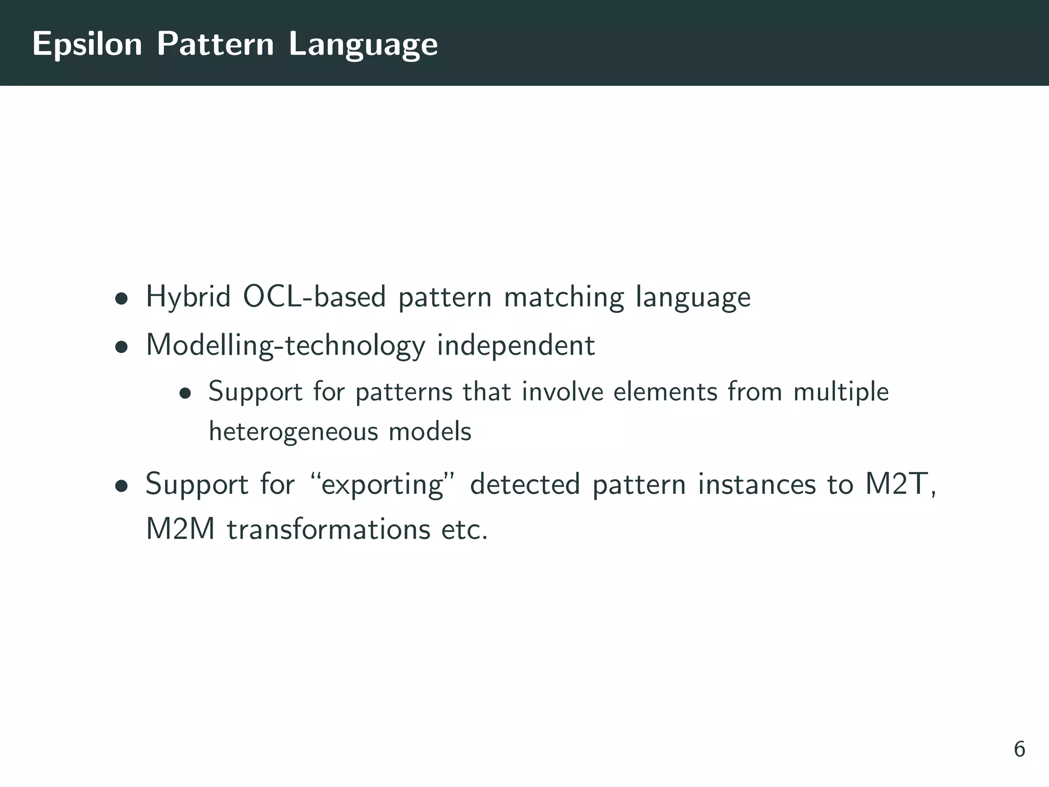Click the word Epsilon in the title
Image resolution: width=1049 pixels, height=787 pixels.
pyautogui.click(x=87, y=44)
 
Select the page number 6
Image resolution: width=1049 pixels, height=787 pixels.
pyautogui.click(x=1019, y=749)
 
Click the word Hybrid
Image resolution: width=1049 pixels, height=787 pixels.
pyautogui.click(x=188, y=297)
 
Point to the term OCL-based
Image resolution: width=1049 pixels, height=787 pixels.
pyautogui.click(x=314, y=297)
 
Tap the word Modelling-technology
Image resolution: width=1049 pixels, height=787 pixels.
pyautogui.click(x=285, y=345)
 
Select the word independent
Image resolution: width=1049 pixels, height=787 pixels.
pyautogui.click(x=515, y=345)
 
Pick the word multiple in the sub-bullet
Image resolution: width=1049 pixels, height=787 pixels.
pyautogui.click(x=841, y=392)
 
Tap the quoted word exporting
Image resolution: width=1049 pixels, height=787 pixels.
pyautogui.click(x=382, y=485)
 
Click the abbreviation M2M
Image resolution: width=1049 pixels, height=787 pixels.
pyautogui.click(x=180, y=529)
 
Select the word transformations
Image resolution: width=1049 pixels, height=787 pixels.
pyautogui.click(x=328, y=529)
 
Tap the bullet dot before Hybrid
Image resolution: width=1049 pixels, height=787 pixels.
pyautogui.click(x=121, y=299)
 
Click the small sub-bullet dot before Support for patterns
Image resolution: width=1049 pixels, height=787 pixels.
pyautogui.click(x=185, y=393)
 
